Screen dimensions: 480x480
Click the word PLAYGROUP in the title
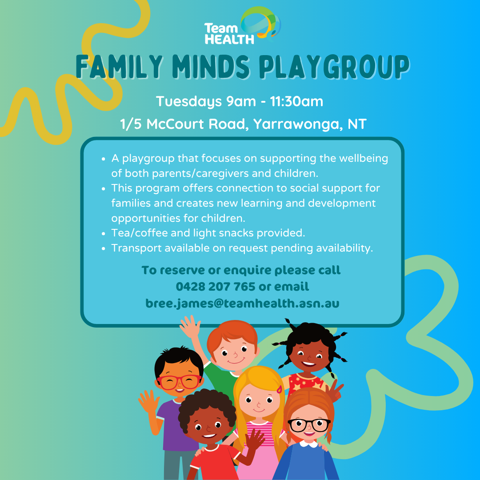click(x=334, y=67)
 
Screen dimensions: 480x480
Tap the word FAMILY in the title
click(x=119, y=67)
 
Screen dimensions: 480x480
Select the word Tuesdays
click(x=189, y=102)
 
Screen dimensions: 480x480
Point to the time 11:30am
click(x=296, y=101)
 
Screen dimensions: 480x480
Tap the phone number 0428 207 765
click(x=216, y=287)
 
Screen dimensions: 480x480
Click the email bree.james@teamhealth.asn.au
click(x=243, y=304)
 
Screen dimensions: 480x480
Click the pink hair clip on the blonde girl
click(x=279, y=389)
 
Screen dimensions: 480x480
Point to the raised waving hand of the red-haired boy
click(x=190, y=327)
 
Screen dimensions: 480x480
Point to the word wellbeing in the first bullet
click(x=364, y=159)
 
